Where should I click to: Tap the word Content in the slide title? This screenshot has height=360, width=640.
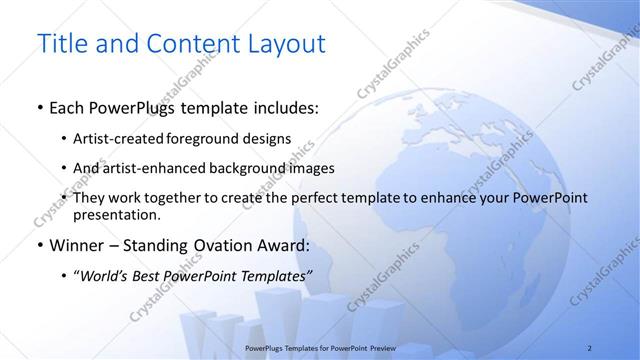click(x=184, y=45)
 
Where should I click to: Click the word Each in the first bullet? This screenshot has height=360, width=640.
click(x=68, y=107)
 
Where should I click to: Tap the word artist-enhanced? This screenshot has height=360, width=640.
click(x=151, y=168)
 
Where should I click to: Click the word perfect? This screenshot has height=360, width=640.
click(x=322, y=199)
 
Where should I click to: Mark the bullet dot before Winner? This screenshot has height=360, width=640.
click(x=39, y=244)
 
